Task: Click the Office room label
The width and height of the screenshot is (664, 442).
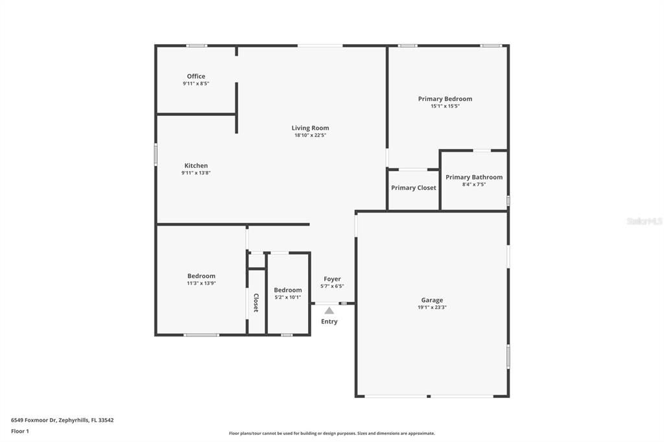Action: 196,76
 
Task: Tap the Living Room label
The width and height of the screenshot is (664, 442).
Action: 310,128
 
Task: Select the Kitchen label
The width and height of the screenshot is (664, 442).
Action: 196,166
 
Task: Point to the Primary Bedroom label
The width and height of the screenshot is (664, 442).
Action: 445,99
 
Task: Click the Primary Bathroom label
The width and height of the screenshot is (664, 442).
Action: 473,178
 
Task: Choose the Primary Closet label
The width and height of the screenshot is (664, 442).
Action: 413,188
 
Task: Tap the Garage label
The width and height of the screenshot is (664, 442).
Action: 432,300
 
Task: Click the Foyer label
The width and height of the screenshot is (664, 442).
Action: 332,279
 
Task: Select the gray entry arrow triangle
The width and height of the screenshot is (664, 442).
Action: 329,310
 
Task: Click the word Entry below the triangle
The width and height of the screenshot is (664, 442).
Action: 329,321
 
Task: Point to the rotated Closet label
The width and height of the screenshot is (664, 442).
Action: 256,303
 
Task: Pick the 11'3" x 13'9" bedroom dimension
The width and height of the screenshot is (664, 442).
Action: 201,283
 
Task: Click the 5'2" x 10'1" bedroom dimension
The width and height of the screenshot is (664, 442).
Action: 287,297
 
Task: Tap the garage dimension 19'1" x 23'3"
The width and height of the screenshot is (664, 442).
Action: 432,307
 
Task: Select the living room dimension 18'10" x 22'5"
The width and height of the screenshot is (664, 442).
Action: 310,135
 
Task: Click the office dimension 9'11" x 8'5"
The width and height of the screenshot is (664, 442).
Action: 196,84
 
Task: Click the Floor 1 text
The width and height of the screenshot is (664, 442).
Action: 20,431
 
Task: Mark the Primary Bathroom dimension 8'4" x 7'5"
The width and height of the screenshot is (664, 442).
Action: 473,185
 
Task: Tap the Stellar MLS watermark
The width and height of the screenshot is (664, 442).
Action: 644,221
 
